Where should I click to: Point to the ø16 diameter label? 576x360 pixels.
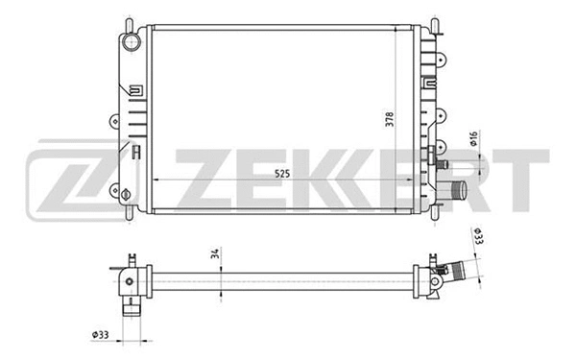474,142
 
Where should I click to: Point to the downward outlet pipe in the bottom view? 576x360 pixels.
131,308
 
